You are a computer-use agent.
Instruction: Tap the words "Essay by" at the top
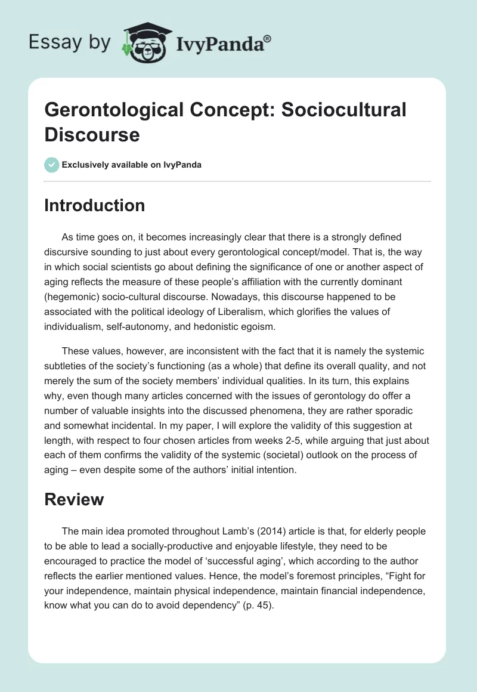[x=70, y=42]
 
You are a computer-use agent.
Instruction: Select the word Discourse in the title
[x=92, y=134]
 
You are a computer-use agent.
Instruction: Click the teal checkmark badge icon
[x=52, y=165]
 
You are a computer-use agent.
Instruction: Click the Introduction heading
[x=95, y=205]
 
